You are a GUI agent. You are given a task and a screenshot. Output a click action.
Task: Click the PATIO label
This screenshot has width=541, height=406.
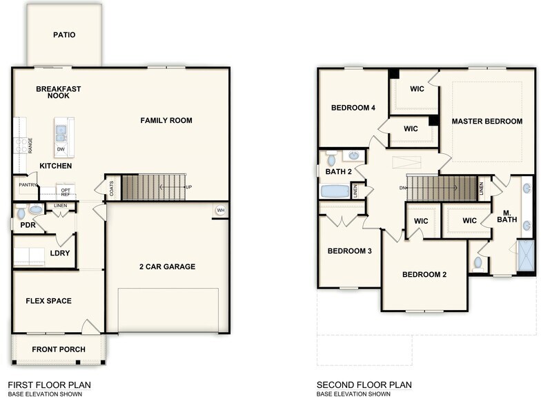(64, 35)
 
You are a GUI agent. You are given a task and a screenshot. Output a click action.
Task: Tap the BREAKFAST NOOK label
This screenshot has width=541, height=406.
(59, 92)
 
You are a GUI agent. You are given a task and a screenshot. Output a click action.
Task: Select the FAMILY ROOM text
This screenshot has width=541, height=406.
(166, 120)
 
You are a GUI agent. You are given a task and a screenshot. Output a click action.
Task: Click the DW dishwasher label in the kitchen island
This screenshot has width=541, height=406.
(61, 148)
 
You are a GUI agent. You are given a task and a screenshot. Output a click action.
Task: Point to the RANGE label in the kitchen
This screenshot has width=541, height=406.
(30, 145)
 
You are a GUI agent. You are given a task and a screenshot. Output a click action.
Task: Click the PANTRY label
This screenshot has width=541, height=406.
(28, 185)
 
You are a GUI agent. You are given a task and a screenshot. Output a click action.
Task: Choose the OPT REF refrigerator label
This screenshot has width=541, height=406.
(66, 192)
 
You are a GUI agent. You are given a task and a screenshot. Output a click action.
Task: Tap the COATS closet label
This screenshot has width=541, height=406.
(112, 189)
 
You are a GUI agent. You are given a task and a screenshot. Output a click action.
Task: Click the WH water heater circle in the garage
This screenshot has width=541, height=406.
(221, 211)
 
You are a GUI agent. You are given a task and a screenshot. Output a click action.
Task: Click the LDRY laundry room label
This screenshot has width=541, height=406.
(59, 253)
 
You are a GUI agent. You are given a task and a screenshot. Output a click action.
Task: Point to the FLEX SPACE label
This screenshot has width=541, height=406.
(49, 301)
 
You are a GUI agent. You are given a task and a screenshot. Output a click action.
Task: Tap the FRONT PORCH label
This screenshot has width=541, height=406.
(59, 349)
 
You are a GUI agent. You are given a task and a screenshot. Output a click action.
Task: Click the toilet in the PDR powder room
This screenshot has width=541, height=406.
(19, 212)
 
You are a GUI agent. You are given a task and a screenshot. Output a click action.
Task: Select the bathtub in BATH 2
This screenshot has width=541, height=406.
(336, 191)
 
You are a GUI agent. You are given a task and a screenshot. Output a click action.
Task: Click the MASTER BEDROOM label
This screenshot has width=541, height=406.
(487, 122)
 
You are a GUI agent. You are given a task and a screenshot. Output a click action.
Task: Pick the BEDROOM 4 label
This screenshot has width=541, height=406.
(353, 108)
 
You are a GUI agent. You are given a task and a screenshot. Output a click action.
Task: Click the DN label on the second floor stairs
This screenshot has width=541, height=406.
(402, 187)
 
